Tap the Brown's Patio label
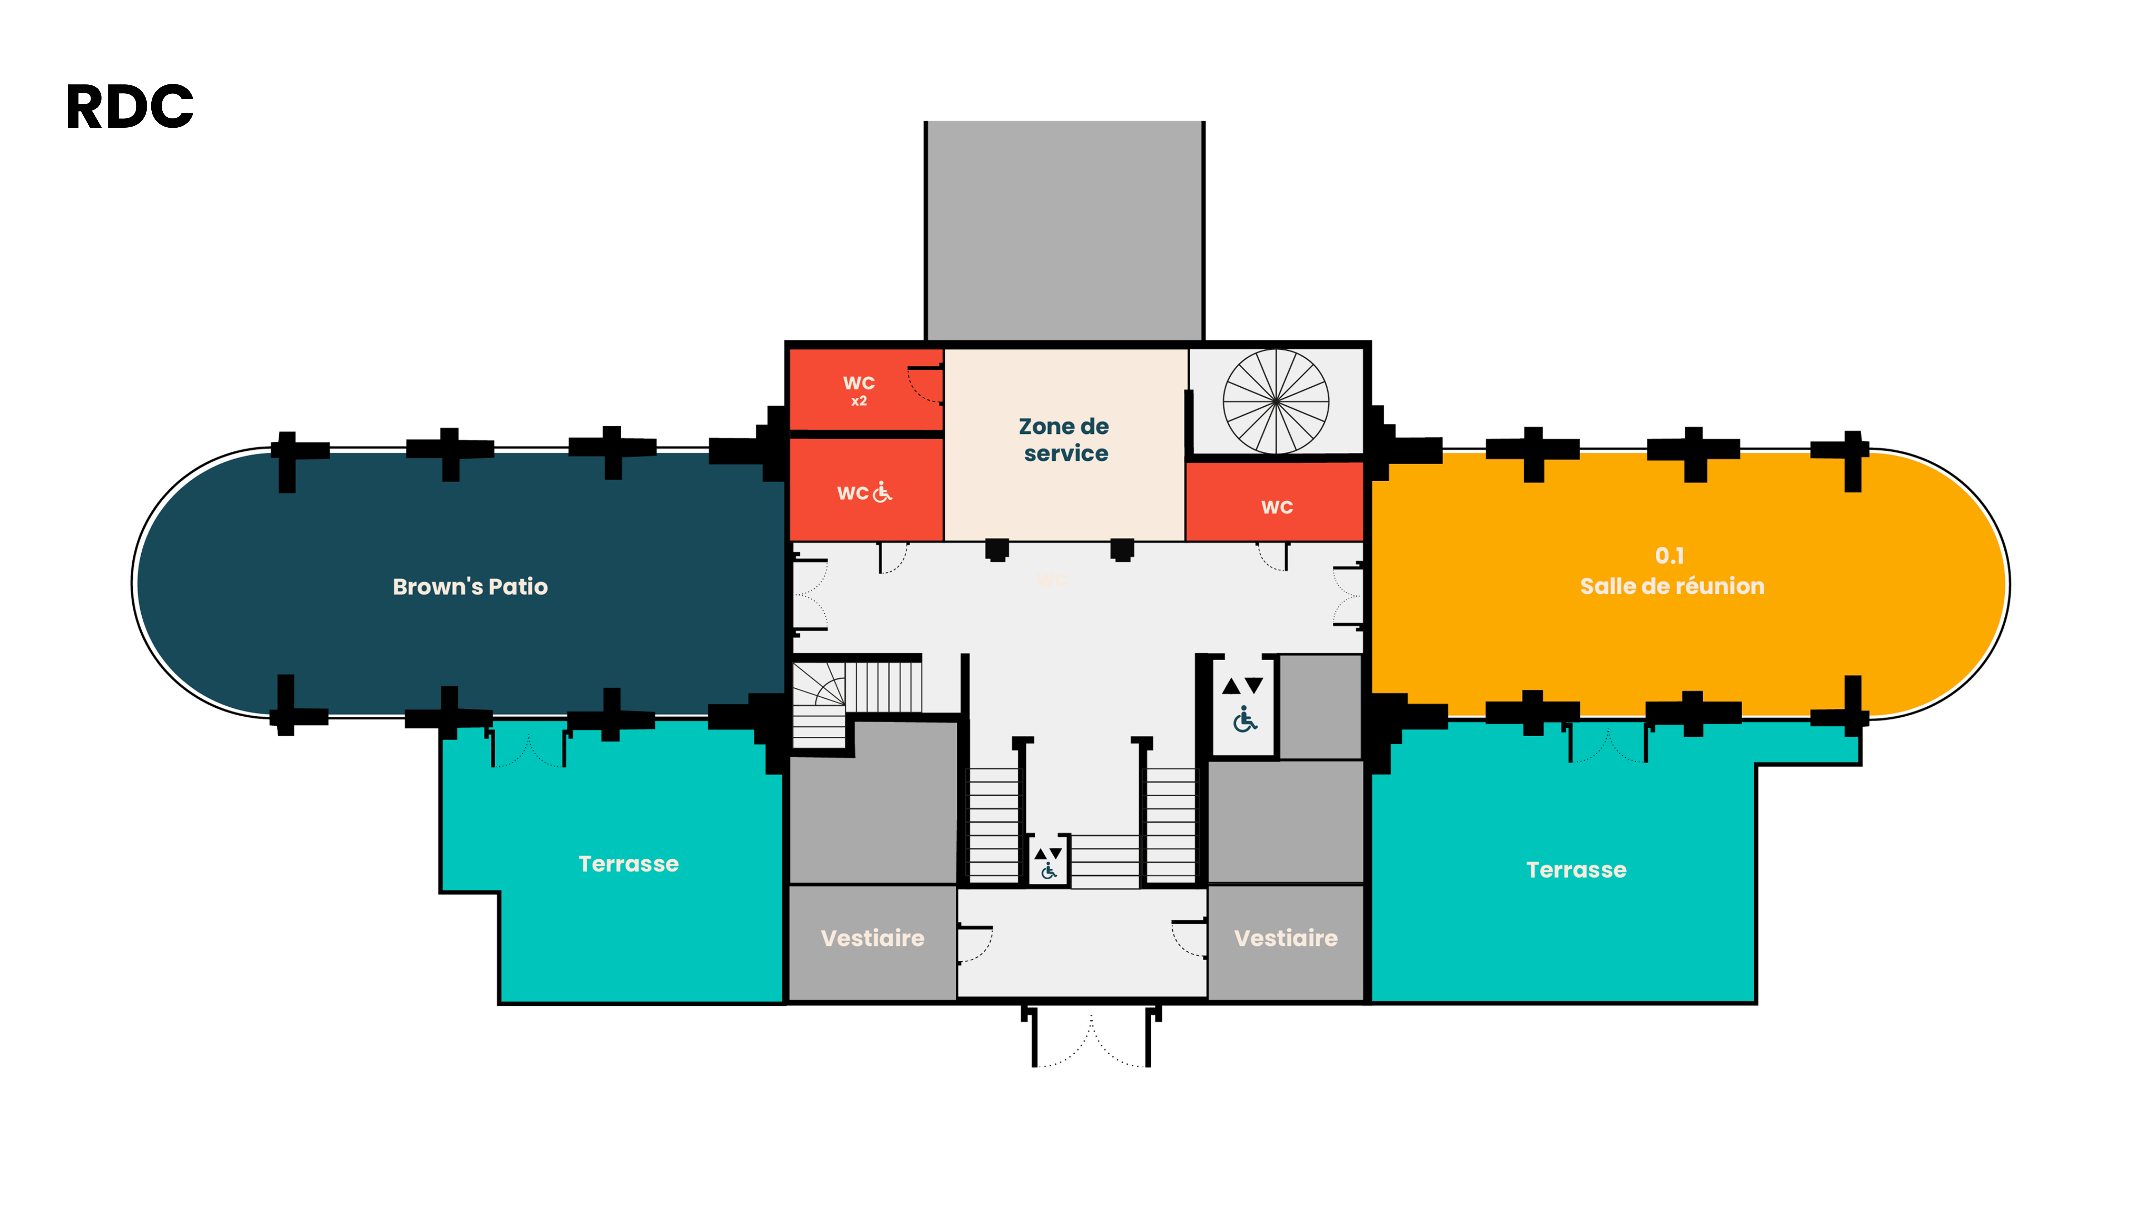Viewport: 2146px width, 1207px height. coord(470,587)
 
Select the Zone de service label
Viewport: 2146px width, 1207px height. coord(1065,439)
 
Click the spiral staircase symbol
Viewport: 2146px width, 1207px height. coord(1275,402)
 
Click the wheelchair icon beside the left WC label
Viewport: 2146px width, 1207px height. coord(882,492)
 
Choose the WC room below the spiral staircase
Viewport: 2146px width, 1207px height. coord(1275,501)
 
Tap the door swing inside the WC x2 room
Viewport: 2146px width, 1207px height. coord(925,385)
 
